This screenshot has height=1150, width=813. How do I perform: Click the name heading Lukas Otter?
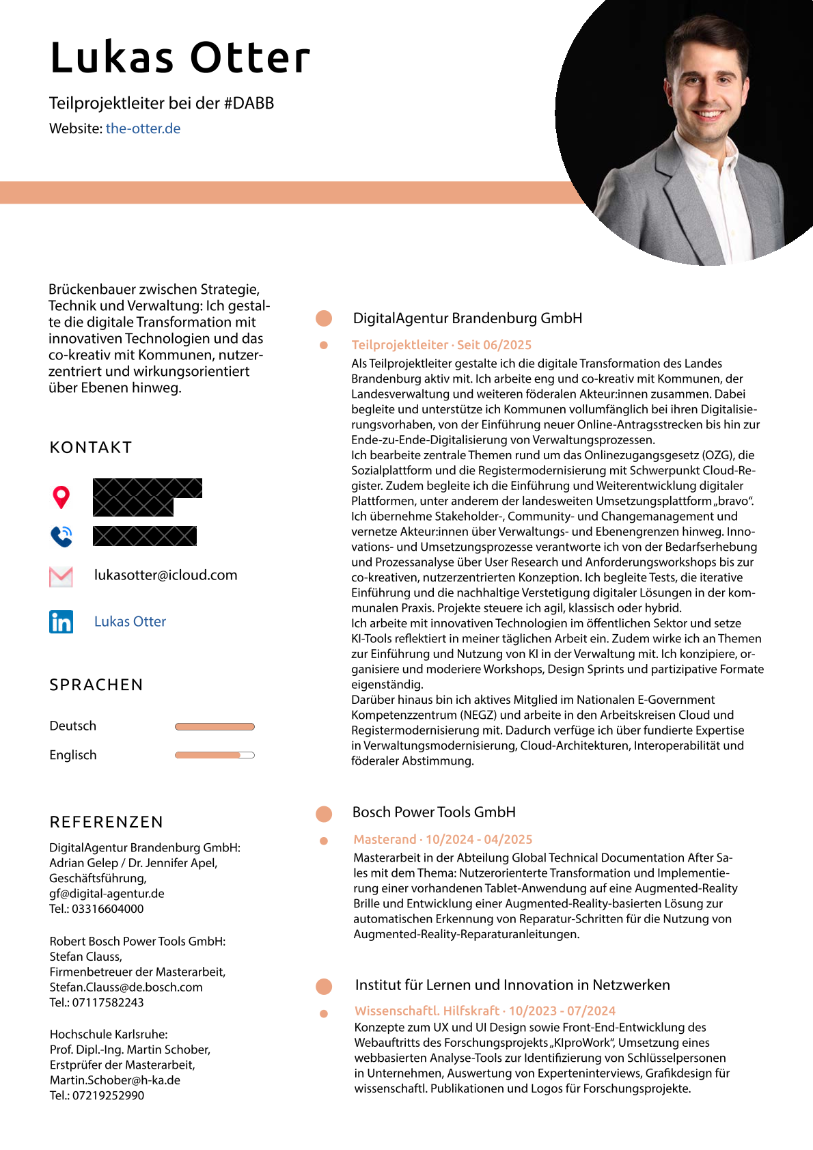(180, 57)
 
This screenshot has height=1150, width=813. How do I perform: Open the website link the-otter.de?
(143, 128)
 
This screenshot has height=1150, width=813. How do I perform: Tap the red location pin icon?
(61, 497)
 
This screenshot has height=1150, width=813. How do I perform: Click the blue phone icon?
(61, 536)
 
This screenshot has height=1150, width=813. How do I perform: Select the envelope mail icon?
(61, 577)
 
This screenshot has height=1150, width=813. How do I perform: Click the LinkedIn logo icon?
(61, 622)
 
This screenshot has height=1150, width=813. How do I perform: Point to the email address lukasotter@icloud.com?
(166, 575)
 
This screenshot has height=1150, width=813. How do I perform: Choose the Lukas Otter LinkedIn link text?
(130, 622)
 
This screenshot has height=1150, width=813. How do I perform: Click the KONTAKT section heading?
(91, 448)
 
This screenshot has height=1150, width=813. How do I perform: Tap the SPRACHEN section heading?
(96, 685)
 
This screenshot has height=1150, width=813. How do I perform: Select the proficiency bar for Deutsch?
(215, 726)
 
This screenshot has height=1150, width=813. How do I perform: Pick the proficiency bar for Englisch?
(215, 755)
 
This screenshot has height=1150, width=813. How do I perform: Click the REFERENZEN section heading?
(107, 822)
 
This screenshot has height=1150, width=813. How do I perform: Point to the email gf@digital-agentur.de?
(107, 894)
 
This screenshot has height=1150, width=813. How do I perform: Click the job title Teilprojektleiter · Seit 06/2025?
(441, 345)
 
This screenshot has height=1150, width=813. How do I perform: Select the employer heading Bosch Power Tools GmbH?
(434, 812)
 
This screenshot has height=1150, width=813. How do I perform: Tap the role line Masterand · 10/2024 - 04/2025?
(443, 839)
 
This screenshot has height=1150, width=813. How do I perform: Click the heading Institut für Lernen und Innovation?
(512, 985)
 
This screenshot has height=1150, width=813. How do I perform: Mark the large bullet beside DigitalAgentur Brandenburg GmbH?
(324, 318)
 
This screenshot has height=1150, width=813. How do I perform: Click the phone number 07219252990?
(108, 1095)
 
